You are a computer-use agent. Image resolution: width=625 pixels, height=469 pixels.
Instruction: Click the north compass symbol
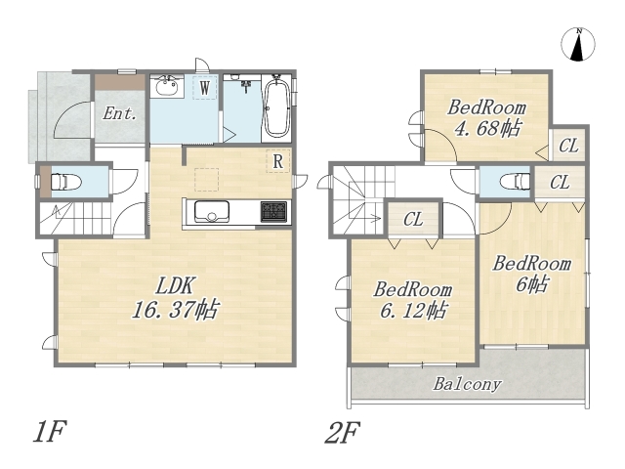(x=577, y=44)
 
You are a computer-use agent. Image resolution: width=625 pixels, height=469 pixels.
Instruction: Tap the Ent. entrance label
(x=119, y=114)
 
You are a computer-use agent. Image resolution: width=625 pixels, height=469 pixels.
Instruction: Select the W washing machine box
(x=204, y=87)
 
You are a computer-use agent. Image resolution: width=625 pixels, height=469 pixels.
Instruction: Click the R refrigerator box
(x=277, y=161)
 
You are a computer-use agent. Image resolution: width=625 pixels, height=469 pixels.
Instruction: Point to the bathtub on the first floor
(x=276, y=107)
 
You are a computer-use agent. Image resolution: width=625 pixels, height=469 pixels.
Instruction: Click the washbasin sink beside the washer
(x=167, y=85)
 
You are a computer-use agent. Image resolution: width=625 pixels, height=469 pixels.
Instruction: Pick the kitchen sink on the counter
(x=212, y=212)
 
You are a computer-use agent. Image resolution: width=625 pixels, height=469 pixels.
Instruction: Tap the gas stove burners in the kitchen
(x=273, y=212)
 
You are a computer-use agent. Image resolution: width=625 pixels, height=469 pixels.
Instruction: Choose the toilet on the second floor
(x=515, y=181)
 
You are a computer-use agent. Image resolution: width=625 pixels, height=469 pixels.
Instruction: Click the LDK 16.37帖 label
(x=176, y=297)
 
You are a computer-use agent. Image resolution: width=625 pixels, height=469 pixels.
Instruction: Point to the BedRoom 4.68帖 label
(x=486, y=118)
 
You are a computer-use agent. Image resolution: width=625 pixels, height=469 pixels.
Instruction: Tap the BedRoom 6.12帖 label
(x=412, y=300)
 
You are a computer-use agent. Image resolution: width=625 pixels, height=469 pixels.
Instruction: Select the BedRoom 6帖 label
(x=532, y=274)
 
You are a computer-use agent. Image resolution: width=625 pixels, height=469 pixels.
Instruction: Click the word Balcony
(x=467, y=384)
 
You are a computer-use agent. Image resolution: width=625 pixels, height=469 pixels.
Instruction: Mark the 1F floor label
(x=49, y=432)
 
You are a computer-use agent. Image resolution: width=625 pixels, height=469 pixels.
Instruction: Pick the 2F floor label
(x=342, y=432)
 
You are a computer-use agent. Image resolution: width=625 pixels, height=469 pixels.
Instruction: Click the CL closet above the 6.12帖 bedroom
(x=413, y=219)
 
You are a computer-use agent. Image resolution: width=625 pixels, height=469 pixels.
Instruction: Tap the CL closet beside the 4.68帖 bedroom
(x=568, y=146)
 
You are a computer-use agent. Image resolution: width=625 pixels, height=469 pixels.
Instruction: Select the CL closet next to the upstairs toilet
(x=560, y=183)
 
